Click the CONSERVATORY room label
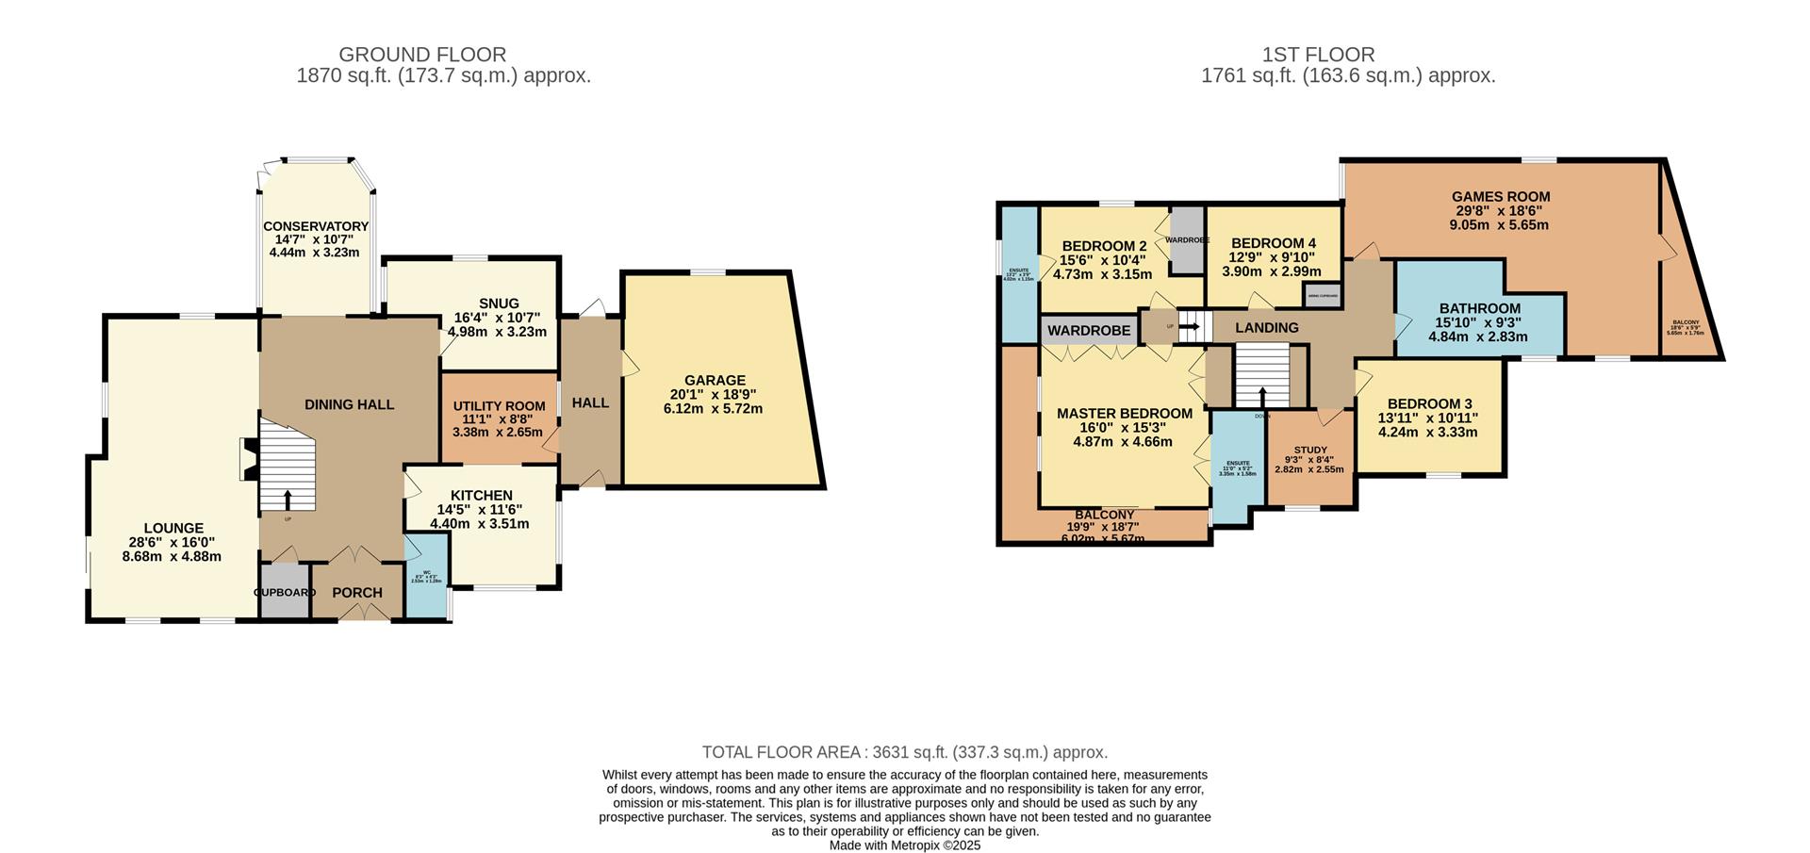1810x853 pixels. click(x=315, y=226)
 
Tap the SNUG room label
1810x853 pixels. click(x=499, y=303)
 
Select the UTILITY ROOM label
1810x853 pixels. click(x=499, y=406)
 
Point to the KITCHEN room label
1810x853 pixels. click(x=481, y=496)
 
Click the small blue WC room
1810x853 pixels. click(x=426, y=576)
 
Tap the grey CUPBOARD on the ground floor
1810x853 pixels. click(x=285, y=592)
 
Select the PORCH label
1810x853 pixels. click(x=357, y=593)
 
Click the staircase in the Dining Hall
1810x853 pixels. click(x=287, y=468)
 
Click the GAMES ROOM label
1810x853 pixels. click(x=1500, y=197)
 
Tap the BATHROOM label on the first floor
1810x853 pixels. click(x=1479, y=308)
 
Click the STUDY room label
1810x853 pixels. click(x=1309, y=451)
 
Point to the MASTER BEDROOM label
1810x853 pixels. click(x=1124, y=414)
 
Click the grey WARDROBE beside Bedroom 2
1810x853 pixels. click(x=1187, y=239)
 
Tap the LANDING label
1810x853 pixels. click(x=1266, y=328)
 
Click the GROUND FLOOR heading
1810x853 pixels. click(x=422, y=55)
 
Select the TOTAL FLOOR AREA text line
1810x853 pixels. click(x=904, y=752)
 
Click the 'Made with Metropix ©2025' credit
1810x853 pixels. click(x=904, y=845)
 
